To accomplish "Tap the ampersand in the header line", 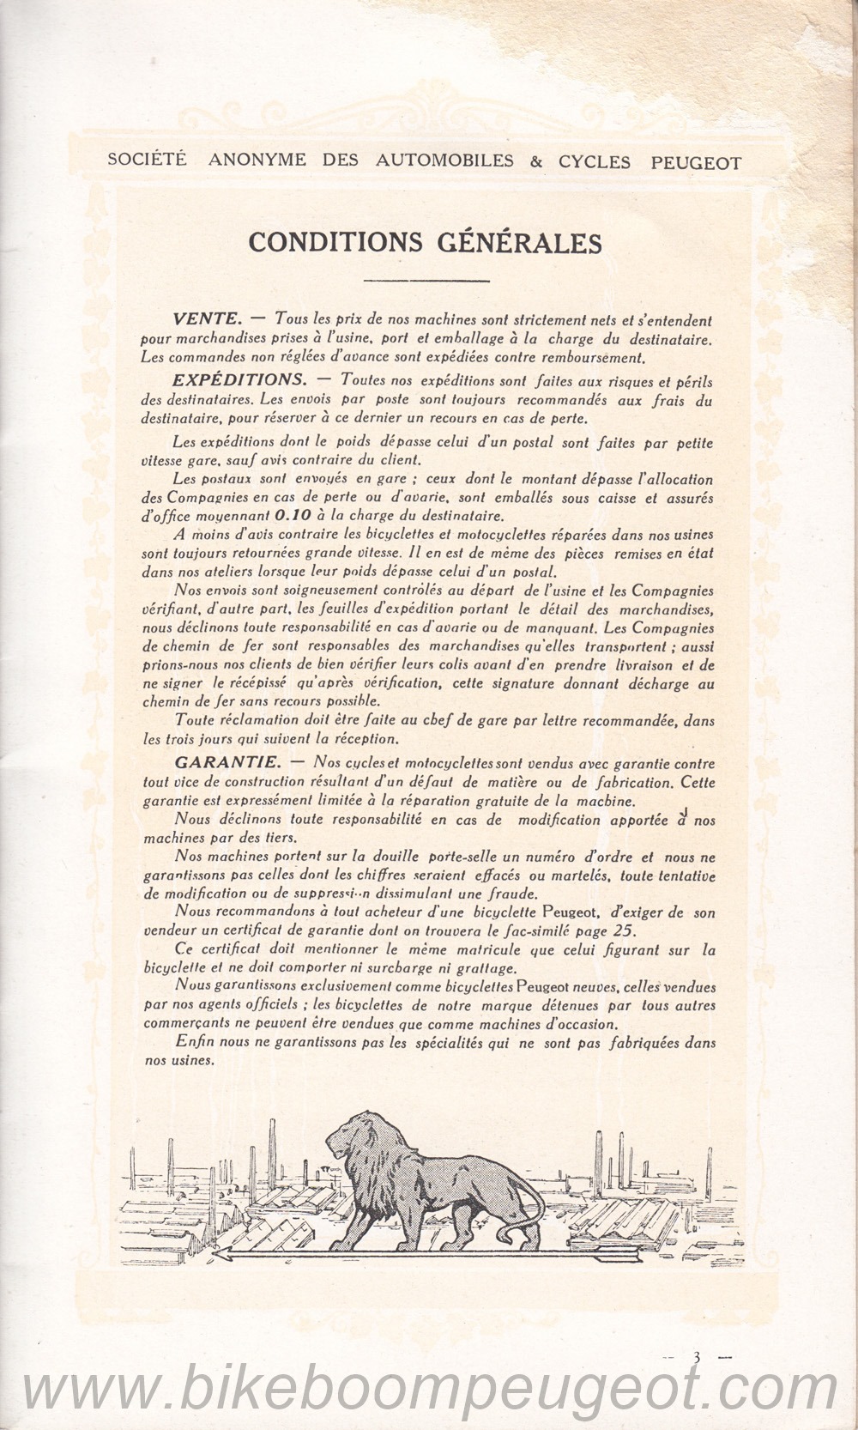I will coord(536,162).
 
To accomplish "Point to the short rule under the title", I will coord(426,281).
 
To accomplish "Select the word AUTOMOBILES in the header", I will coord(444,161).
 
